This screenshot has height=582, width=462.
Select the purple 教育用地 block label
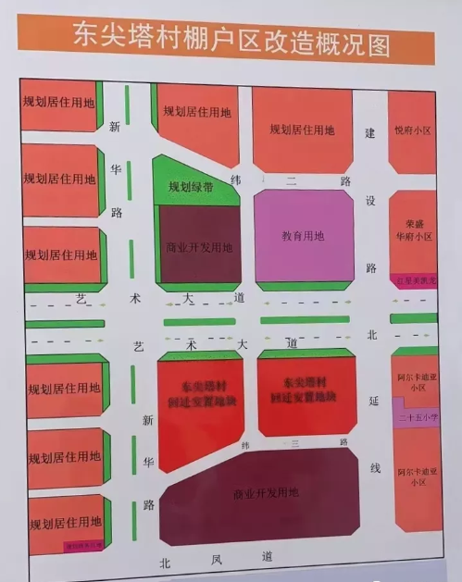click(303, 236)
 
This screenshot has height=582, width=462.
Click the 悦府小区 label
click(412, 130)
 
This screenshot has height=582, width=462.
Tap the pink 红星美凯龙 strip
click(413, 279)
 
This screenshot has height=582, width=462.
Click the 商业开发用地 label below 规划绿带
click(199, 247)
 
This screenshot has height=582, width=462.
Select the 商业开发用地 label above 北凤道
click(267, 492)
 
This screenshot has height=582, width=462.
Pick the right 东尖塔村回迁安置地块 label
click(306, 389)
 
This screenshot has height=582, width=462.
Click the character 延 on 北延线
click(374, 400)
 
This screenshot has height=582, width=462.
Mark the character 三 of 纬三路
click(293, 444)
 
